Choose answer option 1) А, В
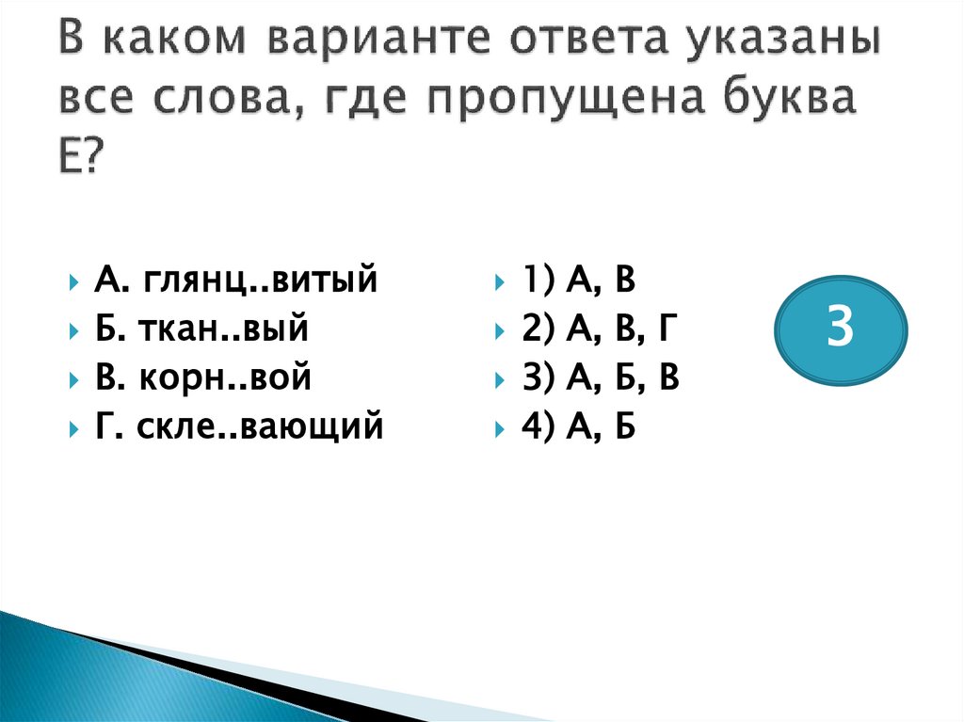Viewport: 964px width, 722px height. click(579, 280)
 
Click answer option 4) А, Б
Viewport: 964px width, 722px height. click(579, 427)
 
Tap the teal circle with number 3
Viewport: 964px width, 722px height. click(841, 329)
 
